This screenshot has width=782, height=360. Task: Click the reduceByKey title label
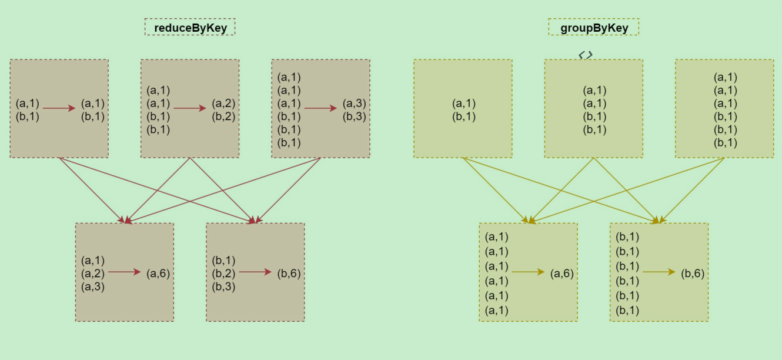pos(190,27)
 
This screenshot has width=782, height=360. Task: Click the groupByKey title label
pos(593,27)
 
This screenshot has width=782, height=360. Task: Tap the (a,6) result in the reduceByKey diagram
pos(158,273)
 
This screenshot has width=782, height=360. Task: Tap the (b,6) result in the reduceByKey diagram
pos(289,273)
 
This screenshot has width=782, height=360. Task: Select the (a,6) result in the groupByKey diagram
pos(562,273)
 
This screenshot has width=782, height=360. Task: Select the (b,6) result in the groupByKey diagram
pos(693,273)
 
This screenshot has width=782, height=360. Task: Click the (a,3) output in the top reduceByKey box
pos(355,104)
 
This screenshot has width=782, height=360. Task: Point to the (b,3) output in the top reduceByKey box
pos(355,116)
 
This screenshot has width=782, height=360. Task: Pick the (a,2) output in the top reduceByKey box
pos(223,104)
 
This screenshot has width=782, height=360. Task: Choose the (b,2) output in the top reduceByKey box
pos(223,116)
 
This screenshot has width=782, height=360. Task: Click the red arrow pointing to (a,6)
pos(124,272)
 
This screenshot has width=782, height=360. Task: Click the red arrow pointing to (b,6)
pos(255,272)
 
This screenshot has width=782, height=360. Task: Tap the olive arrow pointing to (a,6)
pos(528,272)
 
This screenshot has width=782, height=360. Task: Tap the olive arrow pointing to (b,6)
pos(659,272)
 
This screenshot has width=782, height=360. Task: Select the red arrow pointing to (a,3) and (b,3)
pos(320,108)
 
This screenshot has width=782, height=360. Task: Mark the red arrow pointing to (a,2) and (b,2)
pos(189,108)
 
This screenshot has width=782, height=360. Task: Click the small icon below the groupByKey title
pos(586,55)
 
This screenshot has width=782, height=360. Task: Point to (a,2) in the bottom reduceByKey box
pos(93,273)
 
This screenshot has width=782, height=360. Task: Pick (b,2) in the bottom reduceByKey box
pos(223,273)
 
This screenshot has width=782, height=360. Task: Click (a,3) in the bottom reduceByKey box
pos(93,286)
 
